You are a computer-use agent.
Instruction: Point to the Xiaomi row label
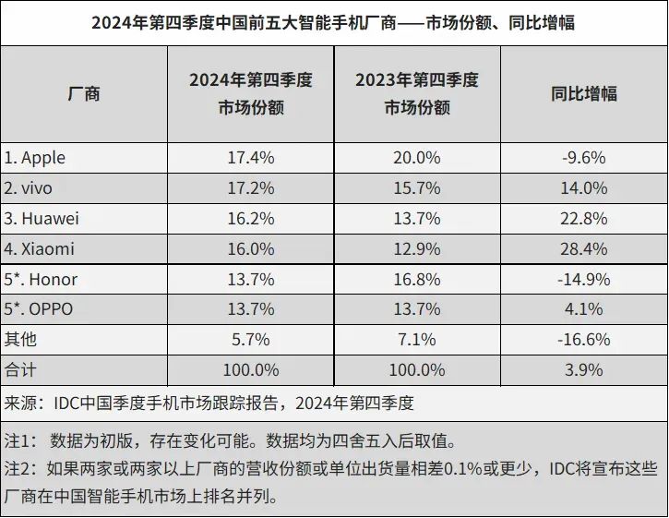point(39,249)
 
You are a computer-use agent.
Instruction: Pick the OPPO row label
point(41,309)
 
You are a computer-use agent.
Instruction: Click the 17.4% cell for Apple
point(250,158)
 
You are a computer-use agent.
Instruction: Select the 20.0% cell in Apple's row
point(417,158)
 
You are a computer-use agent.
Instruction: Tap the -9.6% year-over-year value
point(583,158)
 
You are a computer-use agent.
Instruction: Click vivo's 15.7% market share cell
point(417,188)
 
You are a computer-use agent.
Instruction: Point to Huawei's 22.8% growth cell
point(583,219)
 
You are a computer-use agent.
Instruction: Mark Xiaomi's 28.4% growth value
point(583,249)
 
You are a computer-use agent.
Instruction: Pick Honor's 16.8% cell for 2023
point(417,280)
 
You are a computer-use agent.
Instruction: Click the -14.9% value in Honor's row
point(583,280)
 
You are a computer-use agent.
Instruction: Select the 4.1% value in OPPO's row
point(583,309)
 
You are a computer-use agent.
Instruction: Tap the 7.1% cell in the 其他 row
point(417,340)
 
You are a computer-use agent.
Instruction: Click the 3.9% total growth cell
point(583,370)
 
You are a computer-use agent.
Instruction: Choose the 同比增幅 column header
point(583,93)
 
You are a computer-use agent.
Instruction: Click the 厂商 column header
point(84,93)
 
